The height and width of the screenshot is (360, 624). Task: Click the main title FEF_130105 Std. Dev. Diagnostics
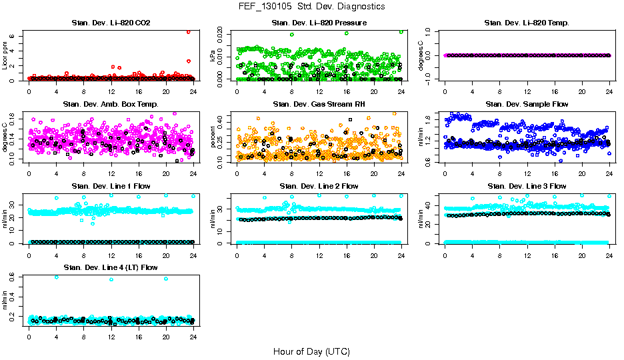pos(311,7)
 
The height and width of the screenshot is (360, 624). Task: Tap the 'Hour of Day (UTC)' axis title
pos(311,351)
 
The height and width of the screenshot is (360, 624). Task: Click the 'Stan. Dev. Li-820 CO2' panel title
pos(111,23)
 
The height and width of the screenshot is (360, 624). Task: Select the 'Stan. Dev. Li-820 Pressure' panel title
pos(319,23)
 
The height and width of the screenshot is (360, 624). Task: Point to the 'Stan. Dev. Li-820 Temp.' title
pos(527,23)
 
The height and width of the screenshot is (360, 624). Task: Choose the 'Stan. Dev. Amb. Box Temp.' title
pos(111,105)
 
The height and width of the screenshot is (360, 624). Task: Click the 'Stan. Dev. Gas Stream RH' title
pos(319,105)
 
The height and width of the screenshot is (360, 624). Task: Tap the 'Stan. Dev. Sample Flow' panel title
pos(527,105)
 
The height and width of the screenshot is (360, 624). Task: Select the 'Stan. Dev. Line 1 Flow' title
pos(111,186)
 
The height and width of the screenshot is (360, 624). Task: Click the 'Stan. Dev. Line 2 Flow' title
pos(319,186)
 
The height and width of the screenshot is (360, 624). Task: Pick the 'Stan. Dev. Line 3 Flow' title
pos(527,186)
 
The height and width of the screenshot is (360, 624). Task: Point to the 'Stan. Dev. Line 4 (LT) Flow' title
pos(111,267)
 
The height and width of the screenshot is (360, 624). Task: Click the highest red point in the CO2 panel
pos(189,32)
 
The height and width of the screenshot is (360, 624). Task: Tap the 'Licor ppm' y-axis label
pos(5,55)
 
